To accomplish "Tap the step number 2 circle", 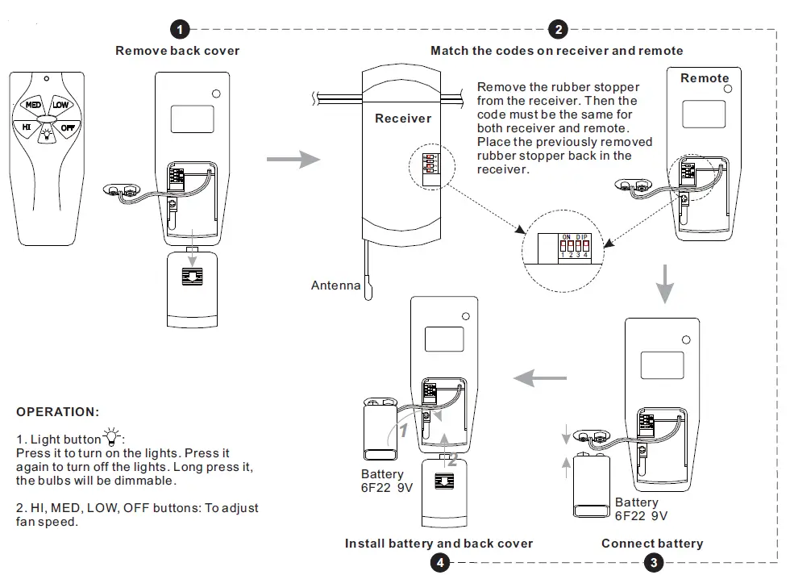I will click(x=557, y=30).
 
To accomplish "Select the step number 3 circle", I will click(x=652, y=562).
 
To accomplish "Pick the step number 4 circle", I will click(x=439, y=562).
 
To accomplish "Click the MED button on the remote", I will click(x=33, y=106).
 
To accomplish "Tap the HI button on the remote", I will click(x=26, y=127).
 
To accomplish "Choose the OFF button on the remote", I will click(x=68, y=127).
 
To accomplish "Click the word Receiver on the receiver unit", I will click(x=403, y=119).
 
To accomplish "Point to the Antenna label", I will click(x=335, y=285).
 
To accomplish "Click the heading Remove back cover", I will click(x=177, y=51).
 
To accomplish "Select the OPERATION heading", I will click(x=58, y=412).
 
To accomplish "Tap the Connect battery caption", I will click(x=651, y=544).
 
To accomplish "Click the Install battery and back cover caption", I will click(x=439, y=544).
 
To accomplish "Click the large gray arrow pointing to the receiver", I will click(x=305, y=159).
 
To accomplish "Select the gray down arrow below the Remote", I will click(x=663, y=281).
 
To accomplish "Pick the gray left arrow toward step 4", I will click(x=539, y=376).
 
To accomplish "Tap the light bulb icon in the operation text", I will click(x=111, y=439).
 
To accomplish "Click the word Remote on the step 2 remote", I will click(x=704, y=78).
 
